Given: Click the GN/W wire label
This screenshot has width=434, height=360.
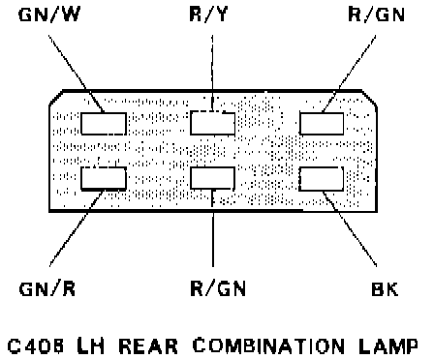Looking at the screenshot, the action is (49, 15).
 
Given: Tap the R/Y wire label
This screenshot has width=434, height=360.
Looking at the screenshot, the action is (208, 15).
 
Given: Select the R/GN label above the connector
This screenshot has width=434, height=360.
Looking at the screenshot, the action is (377, 15).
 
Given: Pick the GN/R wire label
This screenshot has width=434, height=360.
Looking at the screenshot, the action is (47, 288).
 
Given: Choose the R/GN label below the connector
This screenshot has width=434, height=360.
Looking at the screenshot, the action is (218, 288).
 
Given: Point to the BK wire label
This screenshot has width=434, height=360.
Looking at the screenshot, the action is (385, 288).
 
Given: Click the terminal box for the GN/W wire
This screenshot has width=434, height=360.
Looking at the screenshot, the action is (104, 124).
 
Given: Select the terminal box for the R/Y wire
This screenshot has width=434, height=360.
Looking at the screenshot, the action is (212, 123).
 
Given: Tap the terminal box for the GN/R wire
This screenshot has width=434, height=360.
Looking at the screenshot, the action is (104, 178).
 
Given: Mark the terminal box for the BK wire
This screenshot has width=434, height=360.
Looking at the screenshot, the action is (322, 178).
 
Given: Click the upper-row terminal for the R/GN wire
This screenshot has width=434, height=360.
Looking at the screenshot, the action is (322, 124).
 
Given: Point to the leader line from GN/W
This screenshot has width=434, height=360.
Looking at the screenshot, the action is (77, 74).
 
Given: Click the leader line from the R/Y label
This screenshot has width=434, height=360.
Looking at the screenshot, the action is (212, 73).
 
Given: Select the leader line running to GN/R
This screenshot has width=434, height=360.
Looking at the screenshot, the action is (77, 228).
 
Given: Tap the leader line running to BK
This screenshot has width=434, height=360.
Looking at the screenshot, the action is (350, 228).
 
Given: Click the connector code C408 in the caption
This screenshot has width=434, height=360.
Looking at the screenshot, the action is (36, 346).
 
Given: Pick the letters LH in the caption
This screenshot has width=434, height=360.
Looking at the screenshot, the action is (91, 345).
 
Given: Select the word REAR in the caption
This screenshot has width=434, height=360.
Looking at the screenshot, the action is (148, 346).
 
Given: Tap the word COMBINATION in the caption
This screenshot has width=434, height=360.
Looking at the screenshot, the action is (268, 345).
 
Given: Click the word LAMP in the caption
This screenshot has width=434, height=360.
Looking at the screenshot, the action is (388, 345).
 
